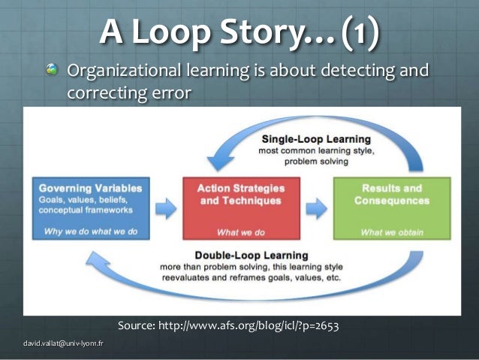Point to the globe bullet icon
point(51,71)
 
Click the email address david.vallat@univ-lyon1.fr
point(64,344)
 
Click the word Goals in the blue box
point(53,201)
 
